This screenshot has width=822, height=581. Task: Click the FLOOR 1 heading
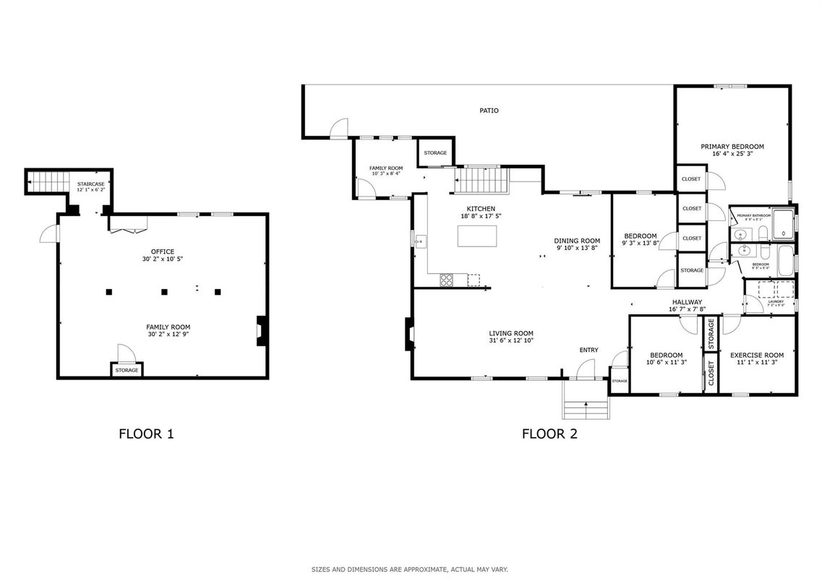(x=146, y=434)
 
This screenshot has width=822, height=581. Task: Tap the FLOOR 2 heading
(x=549, y=434)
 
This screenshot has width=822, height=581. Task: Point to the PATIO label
(x=489, y=111)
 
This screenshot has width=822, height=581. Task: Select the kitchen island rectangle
(x=477, y=236)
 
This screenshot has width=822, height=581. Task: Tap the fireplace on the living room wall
(x=409, y=335)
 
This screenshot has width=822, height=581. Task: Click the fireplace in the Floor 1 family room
(x=262, y=331)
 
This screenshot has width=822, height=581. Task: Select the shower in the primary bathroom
(x=782, y=225)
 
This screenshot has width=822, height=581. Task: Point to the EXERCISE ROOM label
(x=756, y=355)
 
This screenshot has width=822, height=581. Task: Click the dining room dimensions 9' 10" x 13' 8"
(x=577, y=248)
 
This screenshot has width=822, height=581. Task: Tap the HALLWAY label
(x=687, y=302)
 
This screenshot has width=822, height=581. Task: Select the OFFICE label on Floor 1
(x=163, y=251)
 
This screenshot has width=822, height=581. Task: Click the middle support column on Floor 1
(x=164, y=292)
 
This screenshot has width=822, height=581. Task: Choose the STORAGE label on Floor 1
(x=127, y=370)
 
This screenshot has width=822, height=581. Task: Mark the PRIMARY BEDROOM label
(x=732, y=147)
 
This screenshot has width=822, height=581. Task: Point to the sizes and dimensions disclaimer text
(x=410, y=569)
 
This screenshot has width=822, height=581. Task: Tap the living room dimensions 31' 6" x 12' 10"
(x=511, y=340)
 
